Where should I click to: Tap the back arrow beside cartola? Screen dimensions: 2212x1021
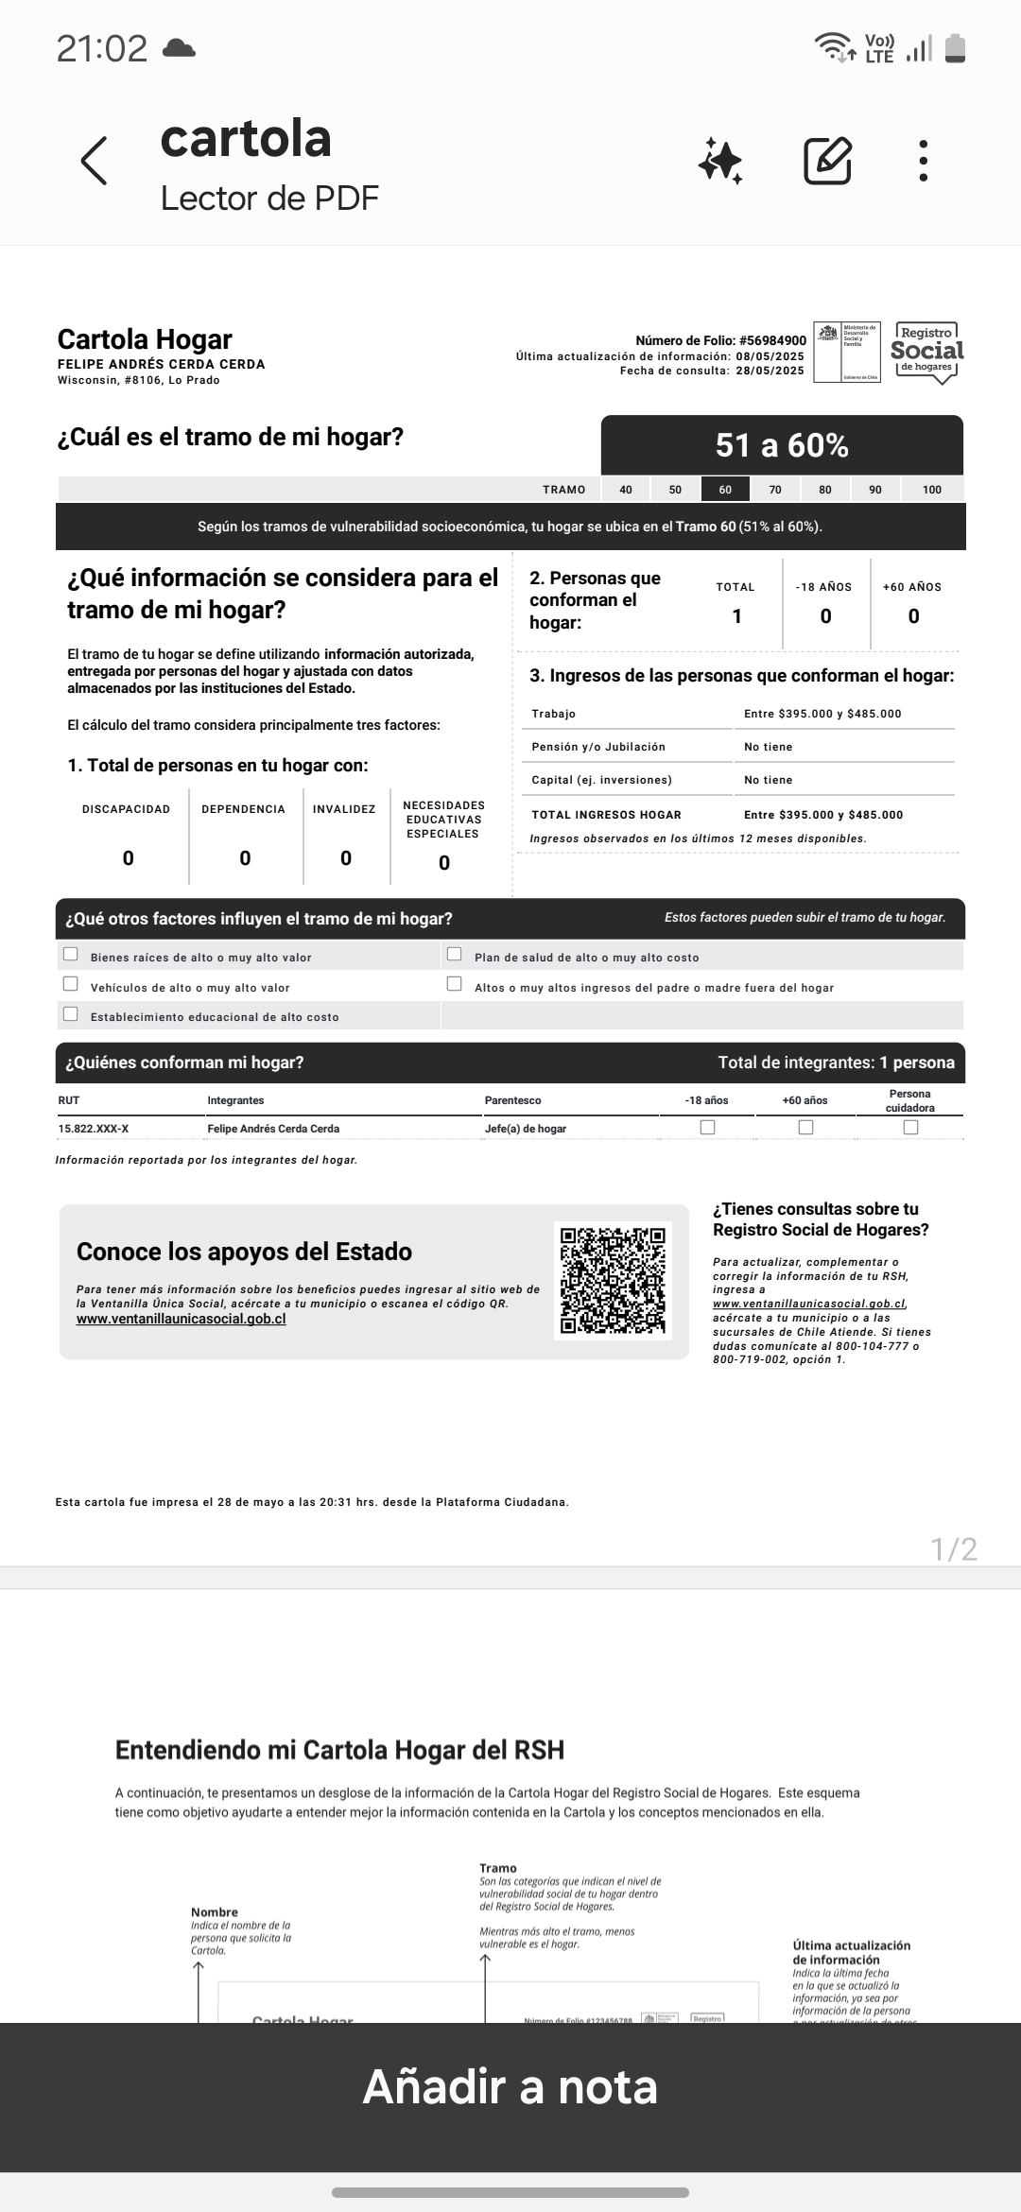pyautogui.click(x=95, y=161)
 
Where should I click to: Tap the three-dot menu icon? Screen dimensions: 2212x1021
pyautogui.click(x=924, y=161)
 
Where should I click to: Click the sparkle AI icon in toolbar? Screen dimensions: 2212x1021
pyautogui.click(x=720, y=161)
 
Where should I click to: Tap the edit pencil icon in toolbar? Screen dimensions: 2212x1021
pyautogui.click(x=827, y=161)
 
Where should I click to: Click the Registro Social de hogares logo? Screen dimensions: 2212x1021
pyautogui.click(x=926, y=353)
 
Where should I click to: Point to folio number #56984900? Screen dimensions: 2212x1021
pyautogui.click(x=772, y=340)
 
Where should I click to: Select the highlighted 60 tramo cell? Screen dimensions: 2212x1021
pyautogui.click(x=725, y=489)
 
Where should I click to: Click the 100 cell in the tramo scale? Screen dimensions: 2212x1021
pyautogui.click(x=932, y=489)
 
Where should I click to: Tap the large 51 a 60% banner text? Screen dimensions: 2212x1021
pyautogui.click(x=782, y=445)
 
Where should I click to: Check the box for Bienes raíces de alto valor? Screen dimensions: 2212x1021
pyautogui.click(x=71, y=954)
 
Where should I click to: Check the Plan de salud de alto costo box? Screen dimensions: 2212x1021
pyautogui.click(x=455, y=954)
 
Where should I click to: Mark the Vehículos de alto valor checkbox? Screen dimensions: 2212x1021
pyautogui.click(x=71, y=984)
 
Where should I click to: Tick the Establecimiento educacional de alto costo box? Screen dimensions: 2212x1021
pyautogui.click(x=71, y=1014)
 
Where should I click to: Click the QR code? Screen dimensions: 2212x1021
pyautogui.click(x=613, y=1280)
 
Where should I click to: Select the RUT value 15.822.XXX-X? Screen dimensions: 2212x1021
pyautogui.click(x=94, y=1129)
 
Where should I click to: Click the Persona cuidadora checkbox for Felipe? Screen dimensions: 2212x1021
pyautogui.click(x=910, y=1127)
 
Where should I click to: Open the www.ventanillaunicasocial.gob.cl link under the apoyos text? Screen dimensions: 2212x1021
pyautogui.click(x=181, y=1319)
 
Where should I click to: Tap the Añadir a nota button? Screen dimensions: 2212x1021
pyautogui.click(x=510, y=2086)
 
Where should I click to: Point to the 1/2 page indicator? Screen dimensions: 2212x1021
pyautogui.click(x=954, y=1548)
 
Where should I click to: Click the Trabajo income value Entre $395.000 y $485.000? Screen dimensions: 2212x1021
pyautogui.click(x=822, y=714)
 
